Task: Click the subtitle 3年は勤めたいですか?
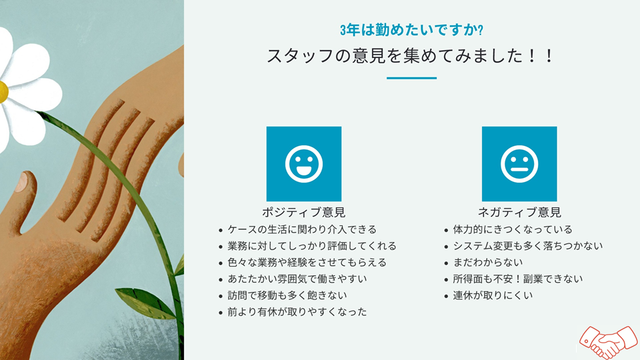point(411,30)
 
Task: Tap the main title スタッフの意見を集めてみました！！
point(411,56)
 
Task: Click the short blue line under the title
point(411,78)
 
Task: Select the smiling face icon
point(304,164)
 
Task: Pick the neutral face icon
point(519,164)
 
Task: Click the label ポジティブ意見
point(304,213)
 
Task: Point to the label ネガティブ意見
point(519,213)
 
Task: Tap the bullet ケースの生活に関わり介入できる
point(302,229)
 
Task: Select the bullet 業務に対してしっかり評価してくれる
point(312,246)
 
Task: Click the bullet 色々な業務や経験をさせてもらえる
point(307,262)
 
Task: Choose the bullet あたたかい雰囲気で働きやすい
point(297,279)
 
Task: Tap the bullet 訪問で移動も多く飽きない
point(287,295)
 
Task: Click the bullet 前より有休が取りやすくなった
point(297,311)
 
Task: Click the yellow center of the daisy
point(2,92)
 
